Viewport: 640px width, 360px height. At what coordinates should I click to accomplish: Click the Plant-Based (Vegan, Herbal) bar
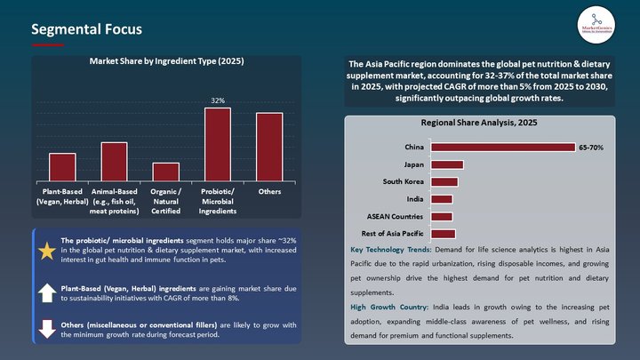coord(62,167)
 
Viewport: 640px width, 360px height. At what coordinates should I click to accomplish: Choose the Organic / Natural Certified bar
coord(165,172)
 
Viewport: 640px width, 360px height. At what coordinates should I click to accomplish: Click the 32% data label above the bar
coord(217,100)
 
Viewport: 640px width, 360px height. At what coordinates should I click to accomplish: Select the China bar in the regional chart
coord(502,148)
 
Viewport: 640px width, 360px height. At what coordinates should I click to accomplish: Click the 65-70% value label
coord(591,148)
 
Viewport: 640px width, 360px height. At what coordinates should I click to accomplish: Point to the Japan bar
coord(447,164)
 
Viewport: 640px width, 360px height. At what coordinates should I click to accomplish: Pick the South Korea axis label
coord(403,181)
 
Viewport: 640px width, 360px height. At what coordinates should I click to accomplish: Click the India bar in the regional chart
coord(442,199)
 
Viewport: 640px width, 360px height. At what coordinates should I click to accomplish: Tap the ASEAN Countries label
coord(396,216)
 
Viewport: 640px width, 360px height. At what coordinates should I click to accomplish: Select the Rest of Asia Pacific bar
coord(443,233)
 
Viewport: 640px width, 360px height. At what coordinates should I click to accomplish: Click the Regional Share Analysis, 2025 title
coord(479,123)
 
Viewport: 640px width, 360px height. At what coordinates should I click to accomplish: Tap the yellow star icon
coord(46,251)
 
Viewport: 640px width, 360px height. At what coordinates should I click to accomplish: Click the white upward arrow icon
coord(46,293)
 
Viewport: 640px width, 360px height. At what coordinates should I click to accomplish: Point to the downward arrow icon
coord(46,328)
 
